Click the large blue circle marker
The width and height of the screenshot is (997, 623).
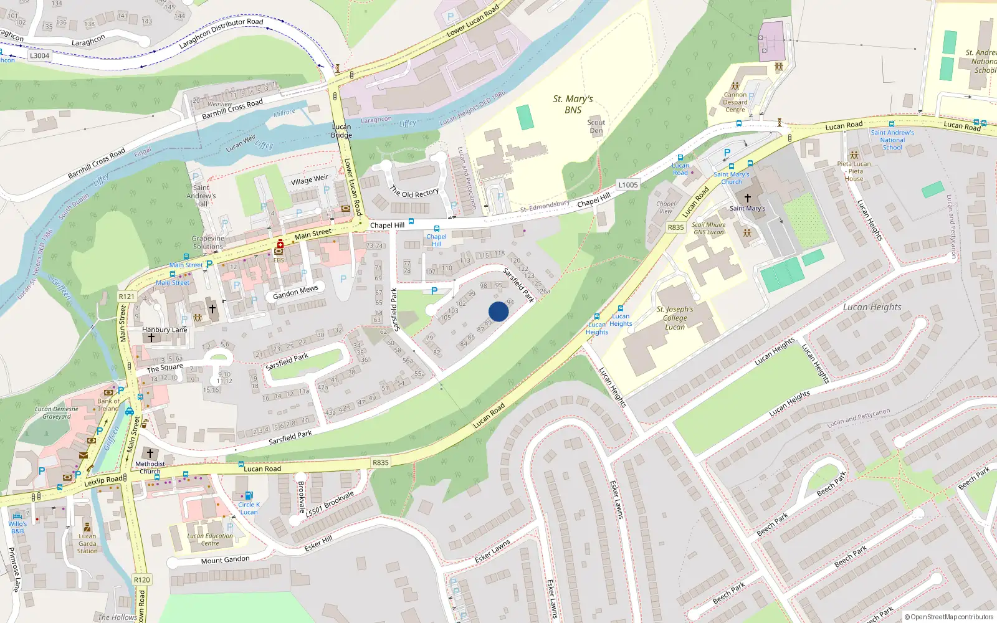pyautogui.click(x=499, y=311)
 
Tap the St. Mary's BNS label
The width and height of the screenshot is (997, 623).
pyautogui.click(x=573, y=104)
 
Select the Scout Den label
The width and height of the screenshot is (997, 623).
pyautogui.click(x=596, y=126)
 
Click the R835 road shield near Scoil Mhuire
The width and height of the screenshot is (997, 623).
pyautogui.click(x=676, y=227)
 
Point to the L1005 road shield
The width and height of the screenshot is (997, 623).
pyautogui.click(x=628, y=185)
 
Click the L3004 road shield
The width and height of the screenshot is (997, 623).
pyautogui.click(x=39, y=55)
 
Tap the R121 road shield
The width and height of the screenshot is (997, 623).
pyautogui.click(x=126, y=297)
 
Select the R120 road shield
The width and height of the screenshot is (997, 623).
pyautogui.click(x=142, y=579)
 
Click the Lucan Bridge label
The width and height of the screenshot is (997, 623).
pyautogui.click(x=341, y=131)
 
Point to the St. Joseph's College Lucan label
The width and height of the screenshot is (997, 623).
pyautogui.click(x=675, y=318)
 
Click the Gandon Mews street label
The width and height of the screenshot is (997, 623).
pyautogui.click(x=295, y=292)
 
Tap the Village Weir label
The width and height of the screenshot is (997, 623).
pyautogui.click(x=309, y=180)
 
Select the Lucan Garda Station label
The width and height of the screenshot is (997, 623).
pyautogui.click(x=87, y=543)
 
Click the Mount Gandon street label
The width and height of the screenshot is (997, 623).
pyautogui.click(x=225, y=560)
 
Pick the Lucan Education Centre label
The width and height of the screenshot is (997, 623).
pyautogui.click(x=210, y=540)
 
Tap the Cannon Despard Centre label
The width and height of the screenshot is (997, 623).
pyautogui.click(x=735, y=102)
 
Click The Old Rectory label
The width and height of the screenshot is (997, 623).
pyautogui.click(x=414, y=191)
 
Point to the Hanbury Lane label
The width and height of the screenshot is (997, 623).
pyautogui.click(x=165, y=330)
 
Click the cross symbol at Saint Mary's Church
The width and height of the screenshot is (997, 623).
pyautogui.click(x=747, y=197)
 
